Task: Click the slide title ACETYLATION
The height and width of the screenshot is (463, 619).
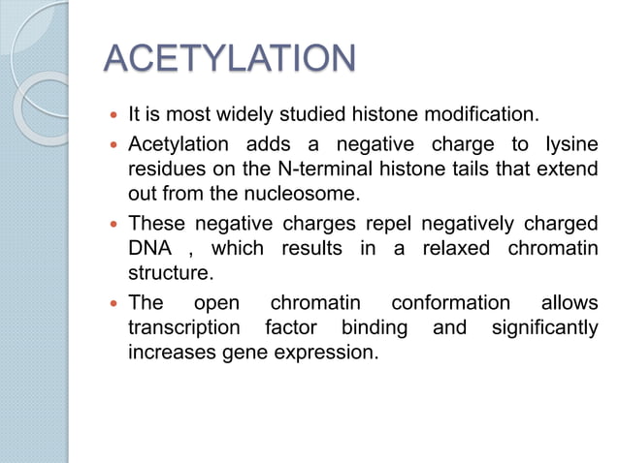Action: (229, 59)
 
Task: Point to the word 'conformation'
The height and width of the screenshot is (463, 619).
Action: (450, 303)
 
